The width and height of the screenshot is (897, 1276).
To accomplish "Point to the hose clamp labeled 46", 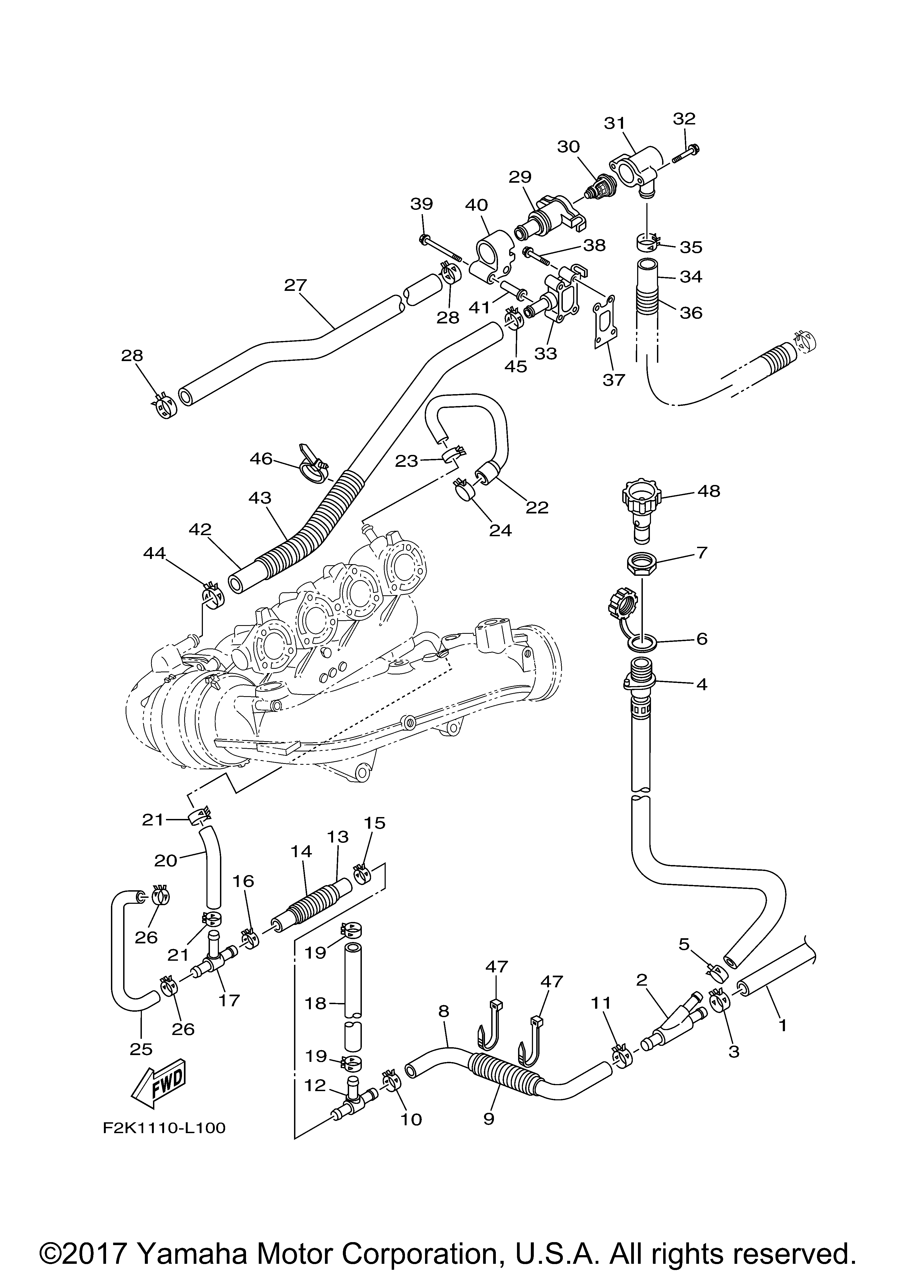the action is [x=313, y=462].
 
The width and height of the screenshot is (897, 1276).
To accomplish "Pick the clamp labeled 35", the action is [x=647, y=242].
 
